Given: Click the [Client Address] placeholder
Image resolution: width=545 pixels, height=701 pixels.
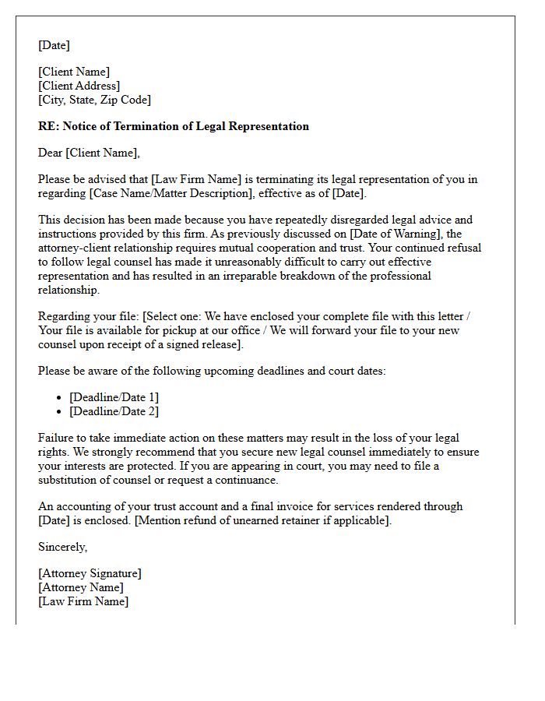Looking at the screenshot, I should click(79, 86).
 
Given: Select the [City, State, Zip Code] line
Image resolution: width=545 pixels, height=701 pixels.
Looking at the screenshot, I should click(94, 100).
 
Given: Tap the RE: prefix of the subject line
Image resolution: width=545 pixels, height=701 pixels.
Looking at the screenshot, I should click(47, 126).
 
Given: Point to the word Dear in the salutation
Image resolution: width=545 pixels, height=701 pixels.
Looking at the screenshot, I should click(51, 153).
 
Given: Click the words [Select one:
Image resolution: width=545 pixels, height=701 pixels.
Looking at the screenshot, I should click(166, 316).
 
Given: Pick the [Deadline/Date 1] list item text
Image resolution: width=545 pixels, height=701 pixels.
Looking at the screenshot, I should click(114, 397).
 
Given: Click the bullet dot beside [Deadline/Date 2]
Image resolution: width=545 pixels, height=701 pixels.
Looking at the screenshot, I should click(60, 411).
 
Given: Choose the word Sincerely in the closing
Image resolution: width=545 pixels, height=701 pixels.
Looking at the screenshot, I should click(62, 547).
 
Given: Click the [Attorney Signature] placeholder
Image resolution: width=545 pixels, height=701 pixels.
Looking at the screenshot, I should click(90, 573).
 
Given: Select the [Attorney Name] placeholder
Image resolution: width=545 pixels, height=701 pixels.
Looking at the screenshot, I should click(80, 587).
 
